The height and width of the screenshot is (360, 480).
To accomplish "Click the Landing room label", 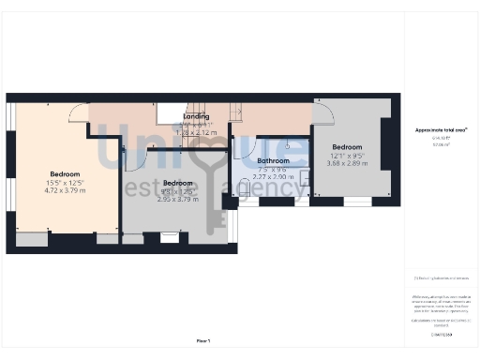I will tap(196, 116).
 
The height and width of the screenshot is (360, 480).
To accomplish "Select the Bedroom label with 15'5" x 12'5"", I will tap(65, 174).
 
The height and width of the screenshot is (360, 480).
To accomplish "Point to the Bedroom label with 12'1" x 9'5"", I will tap(347, 147).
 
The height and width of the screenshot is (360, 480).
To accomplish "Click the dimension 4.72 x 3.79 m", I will tap(65, 190).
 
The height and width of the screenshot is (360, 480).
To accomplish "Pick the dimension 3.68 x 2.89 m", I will tap(347, 163).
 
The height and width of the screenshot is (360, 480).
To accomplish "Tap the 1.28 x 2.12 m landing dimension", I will tap(196, 133).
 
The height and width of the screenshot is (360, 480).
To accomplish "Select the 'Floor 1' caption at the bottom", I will tap(203, 340).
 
